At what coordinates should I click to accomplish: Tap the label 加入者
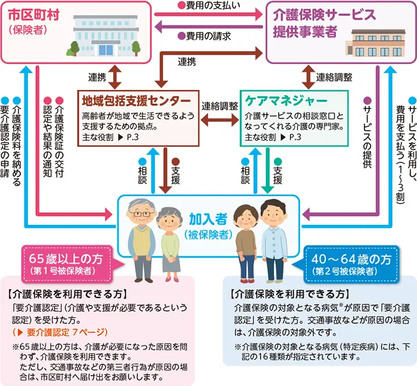(x=208, y=218)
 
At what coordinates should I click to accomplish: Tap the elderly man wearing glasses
(x=144, y=238)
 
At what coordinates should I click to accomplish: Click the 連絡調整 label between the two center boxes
(x=219, y=106)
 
